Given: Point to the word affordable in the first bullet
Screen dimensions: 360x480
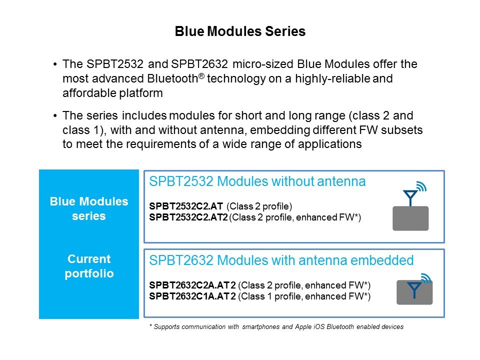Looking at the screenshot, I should click(x=87, y=92).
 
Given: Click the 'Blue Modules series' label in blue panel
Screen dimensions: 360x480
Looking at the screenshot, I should click(x=89, y=209).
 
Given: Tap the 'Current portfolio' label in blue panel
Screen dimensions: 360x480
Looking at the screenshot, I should click(x=89, y=266).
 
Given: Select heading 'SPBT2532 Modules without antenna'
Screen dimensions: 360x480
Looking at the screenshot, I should click(x=257, y=182).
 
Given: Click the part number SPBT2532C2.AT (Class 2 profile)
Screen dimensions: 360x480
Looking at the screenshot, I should click(x=186, y=205).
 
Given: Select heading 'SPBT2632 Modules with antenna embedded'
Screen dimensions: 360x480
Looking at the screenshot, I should click(x=281, y=260).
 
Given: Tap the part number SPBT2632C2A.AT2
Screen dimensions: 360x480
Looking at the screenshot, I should click(x=192, y=285).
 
